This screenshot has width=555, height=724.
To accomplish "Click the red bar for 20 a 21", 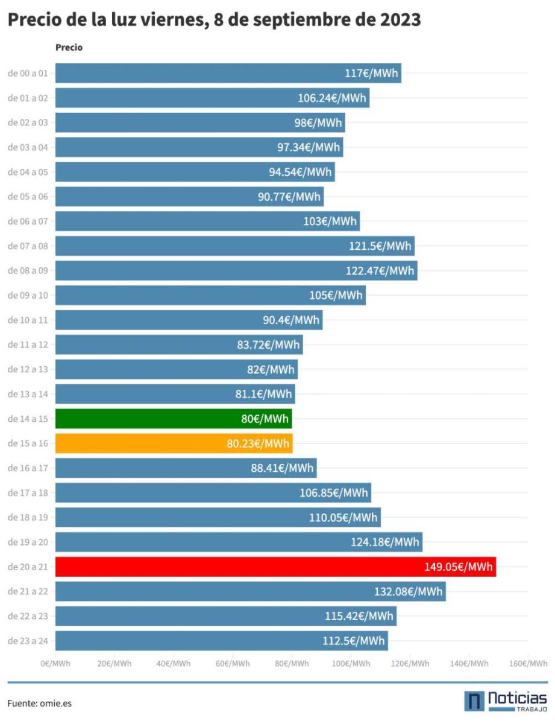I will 275,567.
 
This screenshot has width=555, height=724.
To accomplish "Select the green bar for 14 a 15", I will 174,419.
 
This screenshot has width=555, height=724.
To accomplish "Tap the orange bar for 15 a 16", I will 174,443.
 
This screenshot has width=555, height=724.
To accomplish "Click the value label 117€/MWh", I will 371,74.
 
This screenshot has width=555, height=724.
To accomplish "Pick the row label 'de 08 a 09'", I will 28,270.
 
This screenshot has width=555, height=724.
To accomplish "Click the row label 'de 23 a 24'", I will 28,641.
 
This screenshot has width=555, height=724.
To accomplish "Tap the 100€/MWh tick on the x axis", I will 351,664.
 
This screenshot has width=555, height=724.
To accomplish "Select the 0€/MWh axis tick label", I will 55,664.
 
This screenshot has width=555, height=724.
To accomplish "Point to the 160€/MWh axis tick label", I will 528,664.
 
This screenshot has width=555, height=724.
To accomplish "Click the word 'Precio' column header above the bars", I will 69,48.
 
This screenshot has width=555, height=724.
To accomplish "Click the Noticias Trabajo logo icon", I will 474,701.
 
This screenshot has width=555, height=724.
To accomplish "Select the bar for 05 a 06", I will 189,197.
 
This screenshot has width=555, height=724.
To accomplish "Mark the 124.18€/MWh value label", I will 385,542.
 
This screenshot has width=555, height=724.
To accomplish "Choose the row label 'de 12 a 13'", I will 28,369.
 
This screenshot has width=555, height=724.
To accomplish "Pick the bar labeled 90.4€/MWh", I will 189,320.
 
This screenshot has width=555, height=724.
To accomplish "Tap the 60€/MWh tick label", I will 233,664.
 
